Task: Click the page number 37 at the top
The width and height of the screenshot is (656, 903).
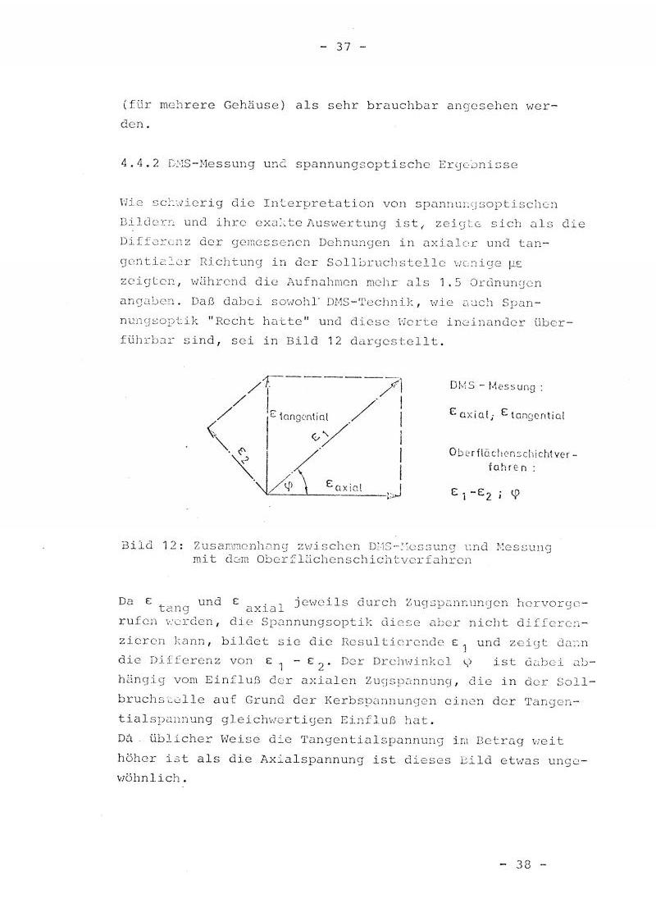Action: (339, 47)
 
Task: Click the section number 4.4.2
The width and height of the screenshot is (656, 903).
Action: (138, 164)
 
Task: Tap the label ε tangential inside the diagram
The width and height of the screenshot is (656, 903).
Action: (299, 417)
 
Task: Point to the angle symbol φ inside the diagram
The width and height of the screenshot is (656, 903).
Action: (287, 485)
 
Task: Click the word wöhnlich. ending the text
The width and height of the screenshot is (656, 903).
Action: (153, 778)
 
